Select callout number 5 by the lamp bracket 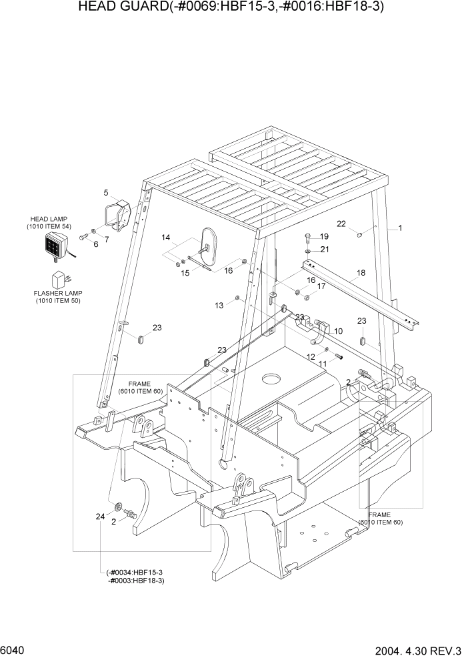tap(106, 193)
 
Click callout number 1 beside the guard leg tap(400, 228)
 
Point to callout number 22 tap(341, 224)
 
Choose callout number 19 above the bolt tap(324, 237)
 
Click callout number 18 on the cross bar tap(361, 273)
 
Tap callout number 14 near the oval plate tap(166, 238)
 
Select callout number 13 tap(219, 305)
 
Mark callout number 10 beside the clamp tap(338, 331)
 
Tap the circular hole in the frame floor tap(270, 380)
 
